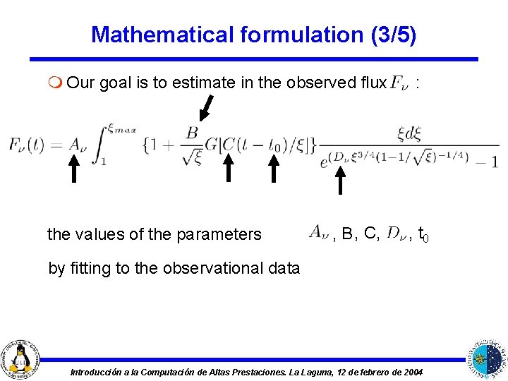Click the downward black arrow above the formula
coord(205,107)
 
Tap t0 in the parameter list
coord(422,233)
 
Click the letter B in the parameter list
coord(347,233)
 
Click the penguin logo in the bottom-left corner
coord(20,358)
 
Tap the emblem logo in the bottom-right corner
coord(488,358)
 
